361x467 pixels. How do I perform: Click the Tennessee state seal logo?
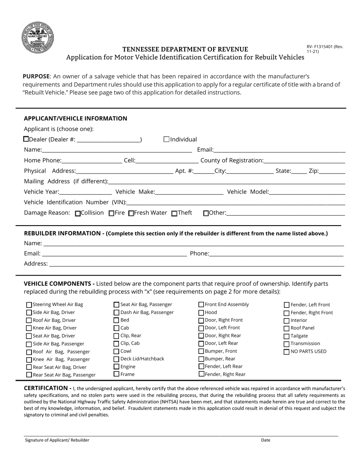pos(38,37)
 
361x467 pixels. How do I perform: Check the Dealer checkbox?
pos(26,139)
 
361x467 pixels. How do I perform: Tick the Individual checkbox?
pos(166,139)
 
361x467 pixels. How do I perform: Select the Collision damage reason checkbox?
pos(78,213)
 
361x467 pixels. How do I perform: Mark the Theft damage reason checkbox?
pos(174,213)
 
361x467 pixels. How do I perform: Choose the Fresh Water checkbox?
pos(131,213)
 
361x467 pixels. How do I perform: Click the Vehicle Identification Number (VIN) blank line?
pos(236,202)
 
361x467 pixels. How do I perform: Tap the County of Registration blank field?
pos(304,161)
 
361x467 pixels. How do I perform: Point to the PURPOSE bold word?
pos(36,76)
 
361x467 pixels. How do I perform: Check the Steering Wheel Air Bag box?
pos(29,304)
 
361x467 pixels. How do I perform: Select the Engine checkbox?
pos(117,367)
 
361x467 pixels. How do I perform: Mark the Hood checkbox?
pos(201,312)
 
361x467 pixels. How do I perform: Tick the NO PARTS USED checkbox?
pos(287,352)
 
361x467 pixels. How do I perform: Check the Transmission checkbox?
pos(287,344)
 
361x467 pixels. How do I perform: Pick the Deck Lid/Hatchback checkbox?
pos(117,359)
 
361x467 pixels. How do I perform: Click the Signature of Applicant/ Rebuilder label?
pos(57,440)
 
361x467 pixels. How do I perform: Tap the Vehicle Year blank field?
pos(85,192)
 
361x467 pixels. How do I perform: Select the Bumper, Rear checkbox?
pos(201,359)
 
